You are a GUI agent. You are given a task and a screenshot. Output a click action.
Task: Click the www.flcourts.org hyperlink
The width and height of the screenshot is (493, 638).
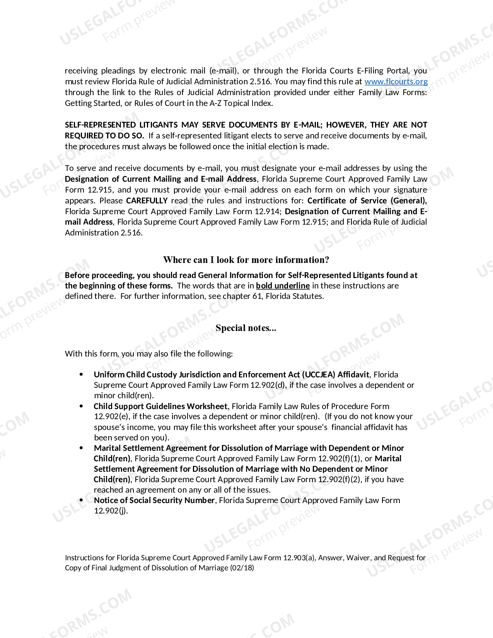pos(396,82)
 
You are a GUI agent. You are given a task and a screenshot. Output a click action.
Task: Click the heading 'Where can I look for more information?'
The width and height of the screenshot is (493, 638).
pos(246,260)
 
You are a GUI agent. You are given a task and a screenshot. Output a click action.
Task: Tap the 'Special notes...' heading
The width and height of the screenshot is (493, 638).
pos(246,328)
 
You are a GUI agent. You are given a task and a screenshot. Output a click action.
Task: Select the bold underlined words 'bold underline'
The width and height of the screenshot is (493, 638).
pos(283,286)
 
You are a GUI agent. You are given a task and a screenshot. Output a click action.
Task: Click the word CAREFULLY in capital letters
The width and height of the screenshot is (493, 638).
pos(147,201)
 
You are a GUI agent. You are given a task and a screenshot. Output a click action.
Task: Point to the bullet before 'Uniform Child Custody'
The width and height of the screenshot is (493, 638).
pos(81,374)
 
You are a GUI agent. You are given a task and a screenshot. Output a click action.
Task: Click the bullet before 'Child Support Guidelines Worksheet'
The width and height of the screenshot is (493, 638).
pos(81,406)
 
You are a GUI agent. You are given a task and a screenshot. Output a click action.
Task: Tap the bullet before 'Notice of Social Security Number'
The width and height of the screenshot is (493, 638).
pos(81,500)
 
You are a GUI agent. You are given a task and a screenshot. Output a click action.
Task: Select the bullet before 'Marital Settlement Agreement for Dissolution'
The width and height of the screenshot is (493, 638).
pos(81,448)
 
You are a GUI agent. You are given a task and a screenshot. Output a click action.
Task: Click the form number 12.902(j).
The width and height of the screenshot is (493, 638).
pos(111,511)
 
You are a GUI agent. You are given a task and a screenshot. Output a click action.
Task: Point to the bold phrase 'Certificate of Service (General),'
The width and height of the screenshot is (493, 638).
pos(367,201)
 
